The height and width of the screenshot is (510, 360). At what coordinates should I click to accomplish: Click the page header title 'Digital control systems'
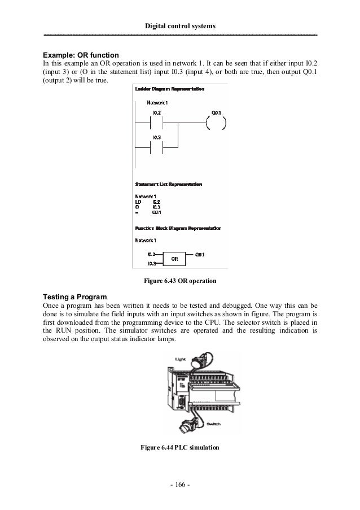click(180, 26)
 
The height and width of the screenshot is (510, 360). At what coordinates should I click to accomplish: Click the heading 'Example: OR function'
click(81, 55)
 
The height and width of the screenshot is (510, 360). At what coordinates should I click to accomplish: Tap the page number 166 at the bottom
click(180, 484)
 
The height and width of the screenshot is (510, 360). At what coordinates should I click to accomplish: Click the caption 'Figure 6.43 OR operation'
click(180, 281)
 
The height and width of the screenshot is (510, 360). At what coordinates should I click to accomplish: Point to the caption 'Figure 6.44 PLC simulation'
click(179, 448)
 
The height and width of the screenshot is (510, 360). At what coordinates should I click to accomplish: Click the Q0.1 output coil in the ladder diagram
click(216, 122)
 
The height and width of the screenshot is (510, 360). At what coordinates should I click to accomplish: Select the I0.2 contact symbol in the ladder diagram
click(158, 122)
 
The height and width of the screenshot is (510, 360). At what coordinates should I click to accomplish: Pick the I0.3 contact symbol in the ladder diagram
click(158, 148)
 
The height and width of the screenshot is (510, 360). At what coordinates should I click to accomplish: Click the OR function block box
click(174, 259)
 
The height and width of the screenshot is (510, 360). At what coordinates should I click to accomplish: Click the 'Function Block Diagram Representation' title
click(178, 228)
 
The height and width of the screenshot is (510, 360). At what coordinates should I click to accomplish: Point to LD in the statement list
click(139, 201)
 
